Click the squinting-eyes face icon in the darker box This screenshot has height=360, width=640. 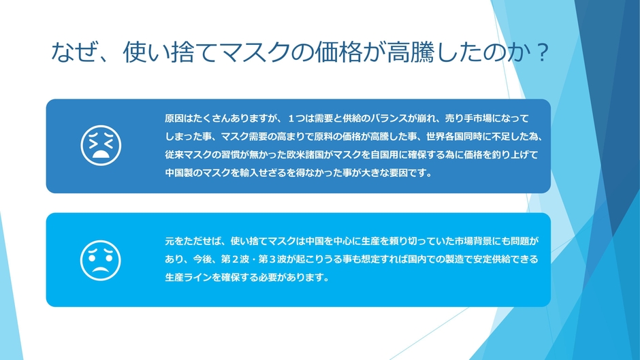[x=101, y=146]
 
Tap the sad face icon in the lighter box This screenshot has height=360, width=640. [x=101, y=259]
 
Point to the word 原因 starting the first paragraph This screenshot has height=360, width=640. [x=174, y=118]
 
